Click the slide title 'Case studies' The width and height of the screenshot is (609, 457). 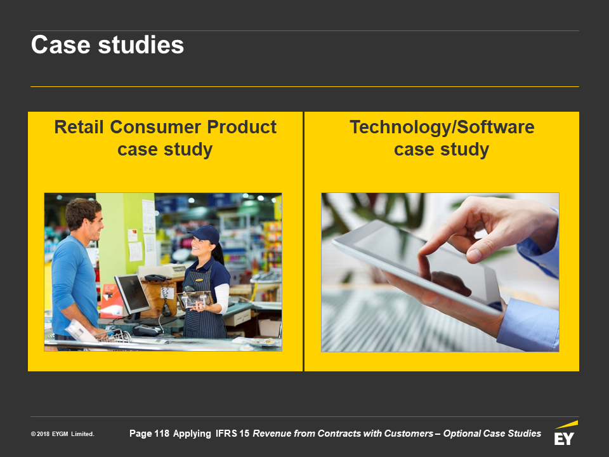point(107,44)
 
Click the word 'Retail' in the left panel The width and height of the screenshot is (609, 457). point(79,127)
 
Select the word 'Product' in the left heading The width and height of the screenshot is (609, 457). point(242,127)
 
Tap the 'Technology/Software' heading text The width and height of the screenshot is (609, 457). point(442,127)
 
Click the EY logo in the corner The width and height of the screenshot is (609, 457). point(565,433)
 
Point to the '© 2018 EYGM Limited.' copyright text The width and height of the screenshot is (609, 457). point(63,434)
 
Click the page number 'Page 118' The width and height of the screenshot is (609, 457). point(149,434)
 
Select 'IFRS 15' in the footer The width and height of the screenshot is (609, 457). point(232,434)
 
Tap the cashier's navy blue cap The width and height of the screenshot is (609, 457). point(205,234)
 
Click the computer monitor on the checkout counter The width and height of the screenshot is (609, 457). point(133,295)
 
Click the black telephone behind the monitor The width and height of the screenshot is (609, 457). point(155,277)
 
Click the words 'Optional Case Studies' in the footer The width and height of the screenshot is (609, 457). point(492,434)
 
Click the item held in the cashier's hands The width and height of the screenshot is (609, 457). point(194,299)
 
